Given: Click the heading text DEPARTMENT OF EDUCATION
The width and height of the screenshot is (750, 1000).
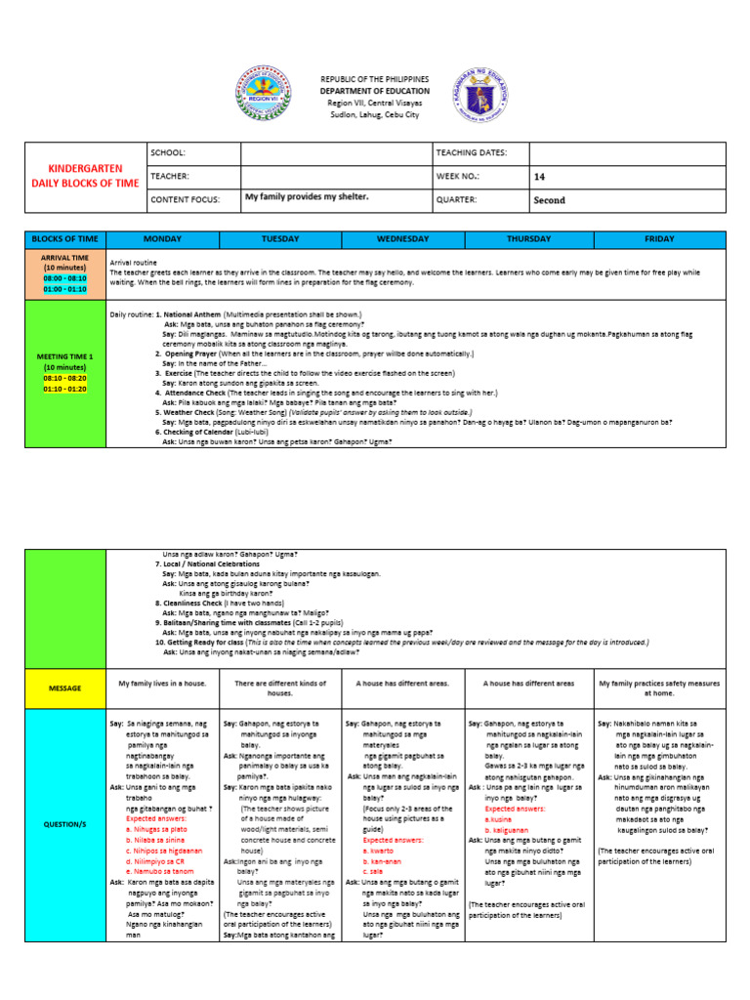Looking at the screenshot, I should click(x=375, y=91).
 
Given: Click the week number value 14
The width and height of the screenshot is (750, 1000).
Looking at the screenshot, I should click(x=539, y=177).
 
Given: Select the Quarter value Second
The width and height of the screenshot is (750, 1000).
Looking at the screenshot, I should click(x=549, y=200).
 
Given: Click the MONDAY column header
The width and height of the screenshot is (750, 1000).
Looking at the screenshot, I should click(x=162, y=239).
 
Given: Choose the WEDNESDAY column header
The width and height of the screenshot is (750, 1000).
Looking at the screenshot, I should click(x=403, y=239).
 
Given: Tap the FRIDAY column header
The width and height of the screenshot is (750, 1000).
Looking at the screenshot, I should click(x=659, y=239).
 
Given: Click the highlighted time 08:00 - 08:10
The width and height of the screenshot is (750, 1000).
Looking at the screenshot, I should click(x=64, y=278).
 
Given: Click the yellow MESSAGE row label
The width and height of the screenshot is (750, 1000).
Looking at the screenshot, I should click(x=64, y=688).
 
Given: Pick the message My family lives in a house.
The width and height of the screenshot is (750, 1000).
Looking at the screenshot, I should click(x=162, y=684).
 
